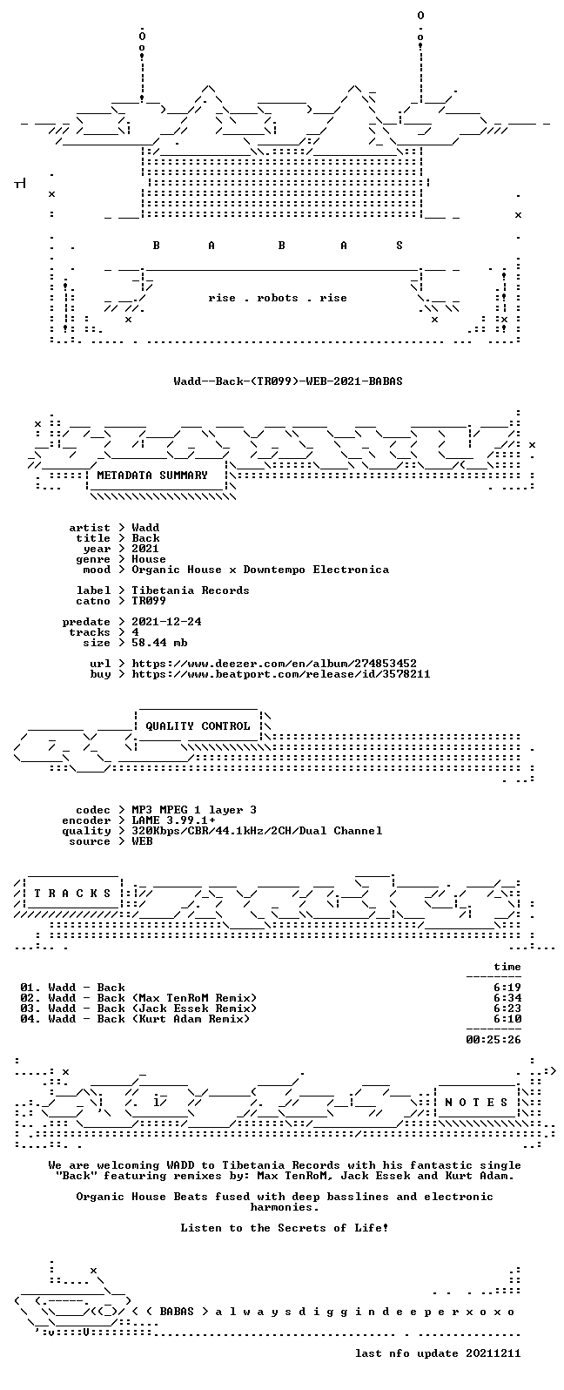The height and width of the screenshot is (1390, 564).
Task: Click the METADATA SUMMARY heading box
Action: (152, 476)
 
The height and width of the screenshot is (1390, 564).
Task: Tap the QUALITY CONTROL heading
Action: (198, 726)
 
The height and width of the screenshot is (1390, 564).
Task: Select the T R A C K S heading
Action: (72, 893)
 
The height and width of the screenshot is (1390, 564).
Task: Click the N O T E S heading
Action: (476, 1102)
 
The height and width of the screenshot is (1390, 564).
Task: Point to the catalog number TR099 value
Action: (149, 601)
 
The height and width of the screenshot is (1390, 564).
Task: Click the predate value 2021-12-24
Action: (166, 622)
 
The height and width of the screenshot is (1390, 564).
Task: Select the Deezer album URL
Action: (274, 664)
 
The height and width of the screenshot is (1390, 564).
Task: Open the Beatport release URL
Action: (281, 674)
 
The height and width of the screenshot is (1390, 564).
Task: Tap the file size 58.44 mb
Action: (159, 643)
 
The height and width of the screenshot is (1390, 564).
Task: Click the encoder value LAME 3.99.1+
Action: (173, 820)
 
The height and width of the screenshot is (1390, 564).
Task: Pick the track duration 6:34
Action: (507, 998)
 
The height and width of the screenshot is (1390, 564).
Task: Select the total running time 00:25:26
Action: (493, 1039)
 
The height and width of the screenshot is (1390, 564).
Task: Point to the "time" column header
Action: (507, 967)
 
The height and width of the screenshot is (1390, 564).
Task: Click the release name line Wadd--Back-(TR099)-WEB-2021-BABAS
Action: (288, 381)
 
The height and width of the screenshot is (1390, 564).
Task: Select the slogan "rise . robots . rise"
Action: (278, 298)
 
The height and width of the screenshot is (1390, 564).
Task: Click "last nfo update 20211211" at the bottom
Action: (438, 1353)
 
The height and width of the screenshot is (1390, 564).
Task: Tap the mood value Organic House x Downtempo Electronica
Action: (260, 570)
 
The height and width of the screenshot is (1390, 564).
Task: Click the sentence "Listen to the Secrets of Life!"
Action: (285, 1227)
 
